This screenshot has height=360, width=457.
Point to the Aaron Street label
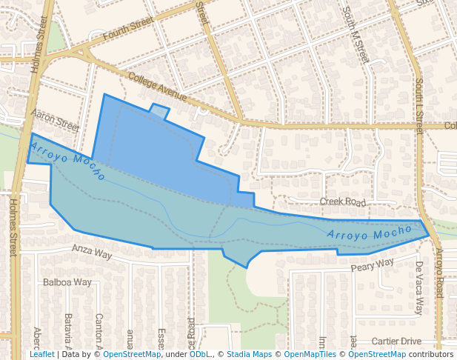pyautogui.click(x=56, y=120)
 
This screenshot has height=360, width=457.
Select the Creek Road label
pyautogui.click(x=343, y=201)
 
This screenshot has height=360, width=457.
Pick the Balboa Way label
pyautogui.click(x=67, y=282)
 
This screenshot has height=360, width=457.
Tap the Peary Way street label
pyautogui.click(x=372, y=265)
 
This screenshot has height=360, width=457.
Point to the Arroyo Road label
pyautogui.click(x=438, y=273)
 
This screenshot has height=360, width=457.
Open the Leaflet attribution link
pyautogui.click(x=42, y=354)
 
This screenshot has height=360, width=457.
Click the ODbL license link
pyautogui.click(x=199, y=354)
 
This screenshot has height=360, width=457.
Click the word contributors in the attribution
pyautogui.click(x=430, y=354)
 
